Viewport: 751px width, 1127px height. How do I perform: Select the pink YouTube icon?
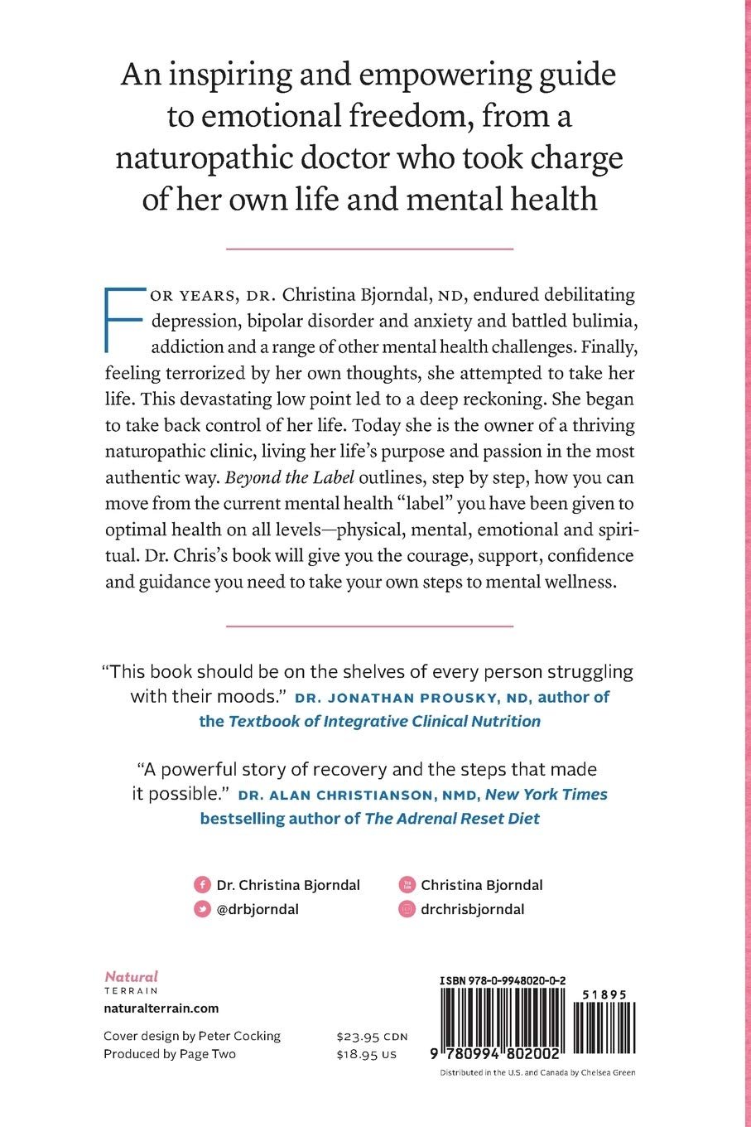click(x=406, y=885)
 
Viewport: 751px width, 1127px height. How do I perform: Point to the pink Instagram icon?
click(x=406, y=909)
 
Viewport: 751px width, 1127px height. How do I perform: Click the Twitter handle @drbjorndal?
click(x=258, y=909)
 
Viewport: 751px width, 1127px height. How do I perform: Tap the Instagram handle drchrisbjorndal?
click(x=472, y=909)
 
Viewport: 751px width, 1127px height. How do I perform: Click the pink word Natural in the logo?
click(x=131, y=977)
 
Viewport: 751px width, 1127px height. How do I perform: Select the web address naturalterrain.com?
click(x=161, y=1008)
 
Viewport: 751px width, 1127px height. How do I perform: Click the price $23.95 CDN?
click(x=372, y=1037)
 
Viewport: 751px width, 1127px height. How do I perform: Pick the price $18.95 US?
click(x=367, y=1054)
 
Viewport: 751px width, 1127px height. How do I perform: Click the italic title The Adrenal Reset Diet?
click(x=452, y=819)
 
